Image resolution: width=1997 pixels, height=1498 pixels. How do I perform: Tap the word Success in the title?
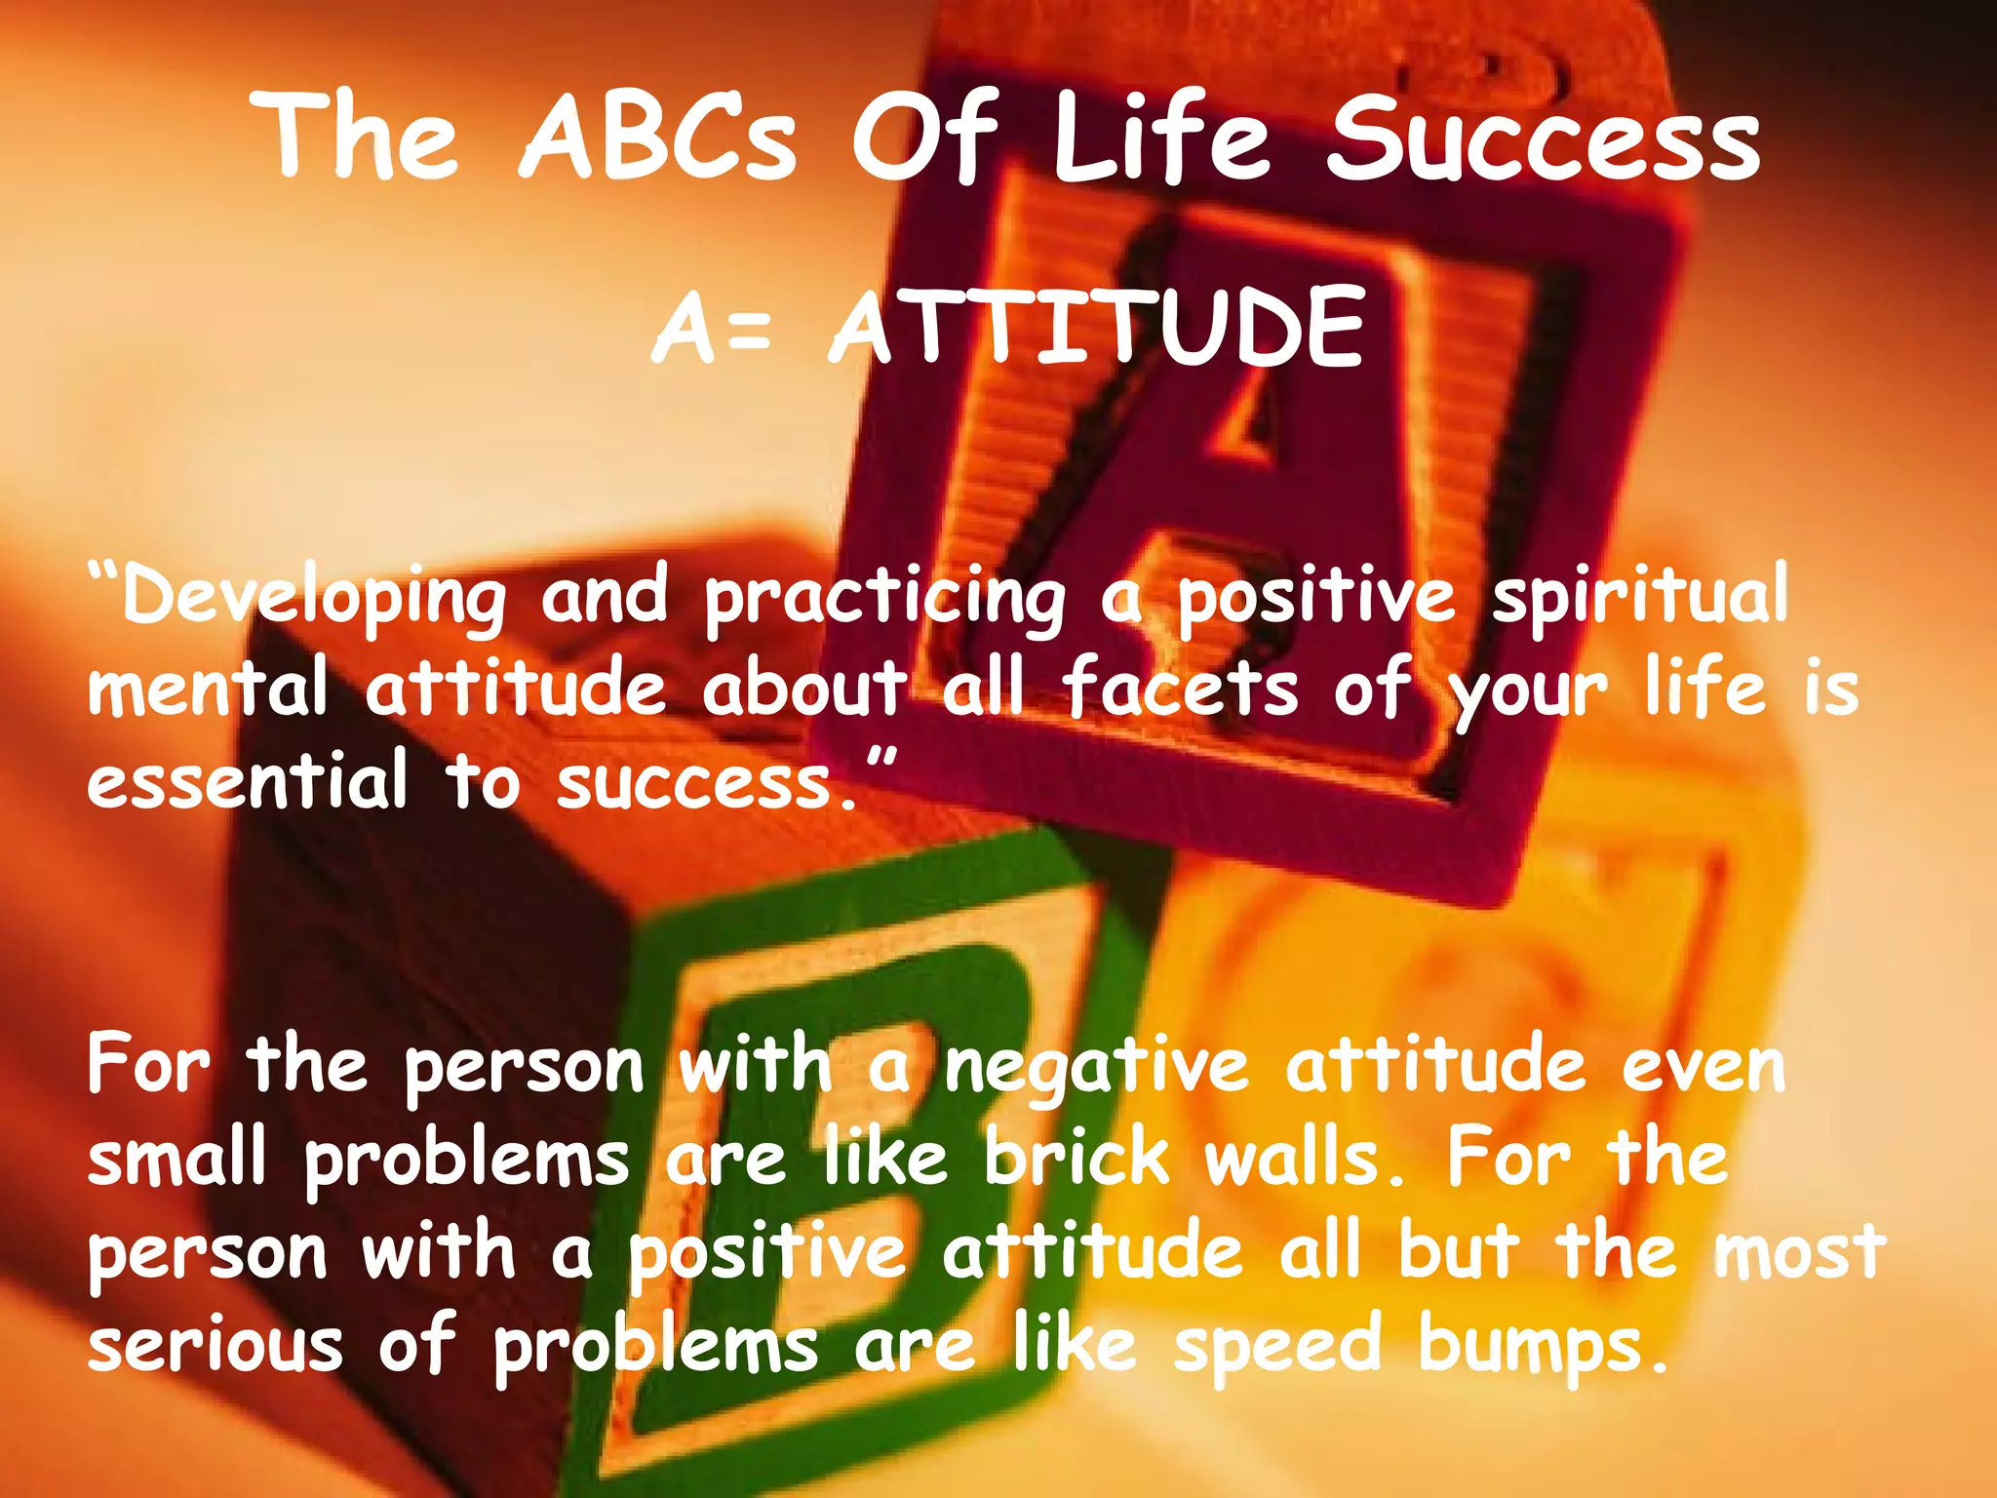(1544, 139)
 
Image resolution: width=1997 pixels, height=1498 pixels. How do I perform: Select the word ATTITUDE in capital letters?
(1096, 330)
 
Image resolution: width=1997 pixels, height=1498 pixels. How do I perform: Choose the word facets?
(1181, 689)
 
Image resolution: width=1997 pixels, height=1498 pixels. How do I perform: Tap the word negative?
(1096, 1068)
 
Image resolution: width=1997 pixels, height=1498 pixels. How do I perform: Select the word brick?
(1077, 1159)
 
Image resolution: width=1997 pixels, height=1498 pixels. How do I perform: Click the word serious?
(215, 1344)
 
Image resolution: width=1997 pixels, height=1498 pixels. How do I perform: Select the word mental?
(208, 689)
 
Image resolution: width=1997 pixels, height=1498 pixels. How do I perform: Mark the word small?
(176, 1159)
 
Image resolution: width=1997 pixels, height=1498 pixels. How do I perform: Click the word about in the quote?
(805, 689)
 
